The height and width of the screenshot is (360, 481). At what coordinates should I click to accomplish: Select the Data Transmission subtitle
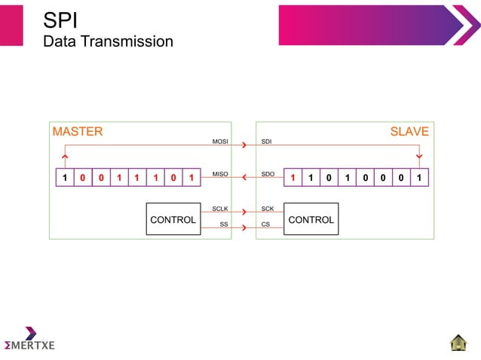pyautogui.click(x=108, y=41)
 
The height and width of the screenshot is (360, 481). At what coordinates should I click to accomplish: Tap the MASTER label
pyautogui.click(x=78, y=132)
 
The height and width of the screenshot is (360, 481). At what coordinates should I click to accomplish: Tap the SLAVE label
pyautogui.click(x=409, y=132)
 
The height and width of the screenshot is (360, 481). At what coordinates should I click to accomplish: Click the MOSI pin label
pyautogui.click(x=220, y=142)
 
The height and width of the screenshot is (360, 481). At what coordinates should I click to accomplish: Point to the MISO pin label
pyautogui.click(x=220, y=174)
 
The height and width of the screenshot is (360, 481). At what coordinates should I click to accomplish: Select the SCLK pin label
pyautogui.click(x=220, y=208)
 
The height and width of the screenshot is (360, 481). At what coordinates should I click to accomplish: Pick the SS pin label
pyautogui.click(x=223, y=224)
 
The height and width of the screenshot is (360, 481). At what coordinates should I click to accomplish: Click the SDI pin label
pyautogui.click(x=266, y=142)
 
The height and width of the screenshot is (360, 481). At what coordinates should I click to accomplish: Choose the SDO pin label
pyautogui.click(x=267, y=174)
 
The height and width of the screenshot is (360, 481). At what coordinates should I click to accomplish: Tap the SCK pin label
pyautogui.click(x=267, y=208)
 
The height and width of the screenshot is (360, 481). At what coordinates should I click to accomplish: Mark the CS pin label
pyautogui.click(x=265, y=224)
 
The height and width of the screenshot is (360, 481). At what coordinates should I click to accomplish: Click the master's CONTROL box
pyautogui.click(x=173, y=219)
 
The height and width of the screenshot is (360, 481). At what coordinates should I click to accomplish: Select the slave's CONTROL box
pyautogui.click(x=311, y=219)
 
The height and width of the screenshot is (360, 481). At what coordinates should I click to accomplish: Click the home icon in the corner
pyautogui.click(x=458, y=343)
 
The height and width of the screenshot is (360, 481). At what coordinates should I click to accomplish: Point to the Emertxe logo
pyautogui.click(x=29, y=340)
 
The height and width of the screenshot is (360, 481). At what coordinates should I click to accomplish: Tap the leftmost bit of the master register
pyautogui.click(x=65, y=178)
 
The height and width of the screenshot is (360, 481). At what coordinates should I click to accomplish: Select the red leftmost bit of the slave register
pyautogui.click(x=293, y=178)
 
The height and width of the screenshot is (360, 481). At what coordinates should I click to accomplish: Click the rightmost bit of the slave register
pyautogui.click(x=420, y=178)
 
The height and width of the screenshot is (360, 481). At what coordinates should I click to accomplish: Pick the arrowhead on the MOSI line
pyautogui.click(x=244, y=145)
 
